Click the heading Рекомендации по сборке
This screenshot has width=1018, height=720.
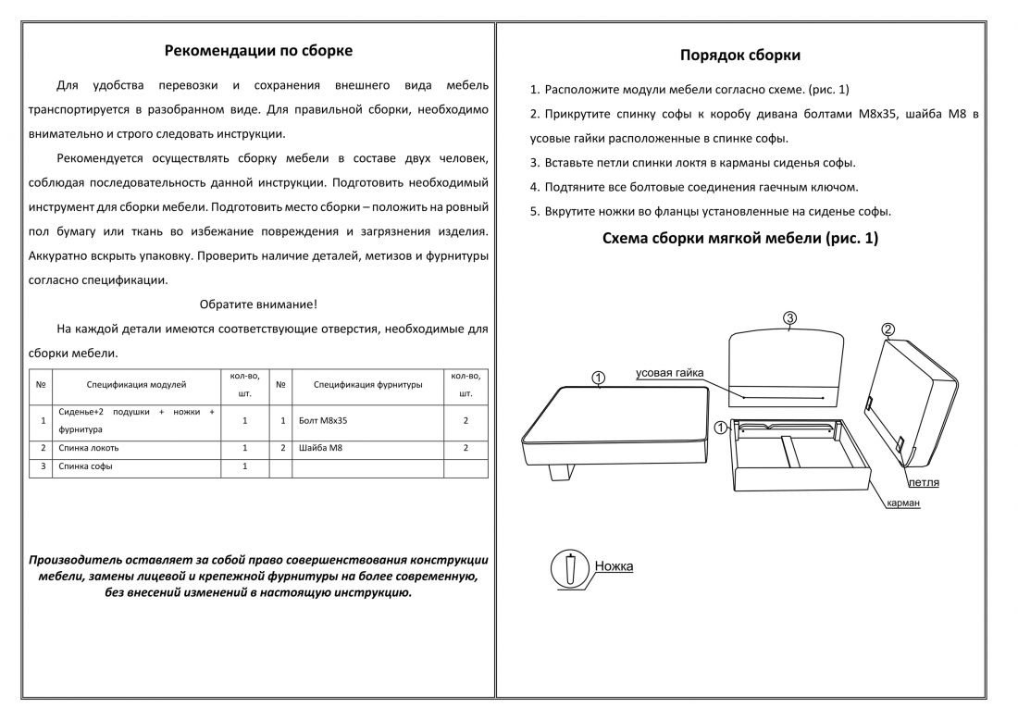258,51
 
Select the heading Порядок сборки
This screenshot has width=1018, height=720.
740,56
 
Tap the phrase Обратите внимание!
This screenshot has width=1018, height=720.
258,304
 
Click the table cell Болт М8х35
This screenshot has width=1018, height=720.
323,421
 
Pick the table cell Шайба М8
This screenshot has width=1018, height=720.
320,448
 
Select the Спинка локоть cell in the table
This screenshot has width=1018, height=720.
88,448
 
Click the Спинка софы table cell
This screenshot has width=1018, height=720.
85,466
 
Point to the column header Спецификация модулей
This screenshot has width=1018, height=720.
136,385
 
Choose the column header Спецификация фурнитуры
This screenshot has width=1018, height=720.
367,385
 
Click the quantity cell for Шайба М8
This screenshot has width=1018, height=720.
466,448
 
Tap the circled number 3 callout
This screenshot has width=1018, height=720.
789,318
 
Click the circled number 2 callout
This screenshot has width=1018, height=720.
888,329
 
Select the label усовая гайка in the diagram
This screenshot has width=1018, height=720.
669,373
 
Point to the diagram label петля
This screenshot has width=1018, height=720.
924,483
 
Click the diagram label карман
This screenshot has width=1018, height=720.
903,503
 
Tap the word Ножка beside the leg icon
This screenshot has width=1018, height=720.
614,566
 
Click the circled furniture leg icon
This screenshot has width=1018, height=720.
570,569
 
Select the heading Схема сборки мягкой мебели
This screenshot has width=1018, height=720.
740,238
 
